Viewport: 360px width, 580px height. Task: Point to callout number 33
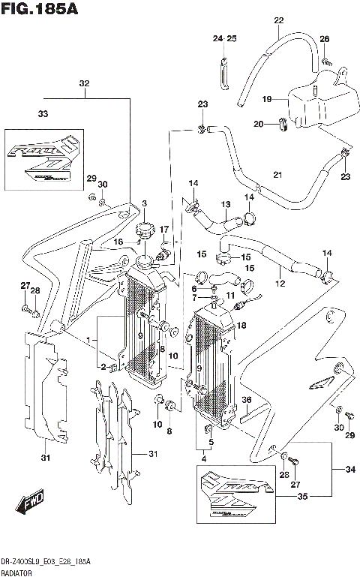click(43, 114)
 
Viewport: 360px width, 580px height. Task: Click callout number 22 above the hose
click(278, 20)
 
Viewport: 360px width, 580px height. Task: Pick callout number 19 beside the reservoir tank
click(266, 98)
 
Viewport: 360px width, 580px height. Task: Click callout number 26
click(324, 39)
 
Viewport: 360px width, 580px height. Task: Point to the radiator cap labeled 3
click(145, 228)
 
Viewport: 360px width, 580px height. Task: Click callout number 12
click(280, 284)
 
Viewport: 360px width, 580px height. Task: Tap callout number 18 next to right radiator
click(241, 326)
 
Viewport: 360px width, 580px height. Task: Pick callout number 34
click(349, 470)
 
